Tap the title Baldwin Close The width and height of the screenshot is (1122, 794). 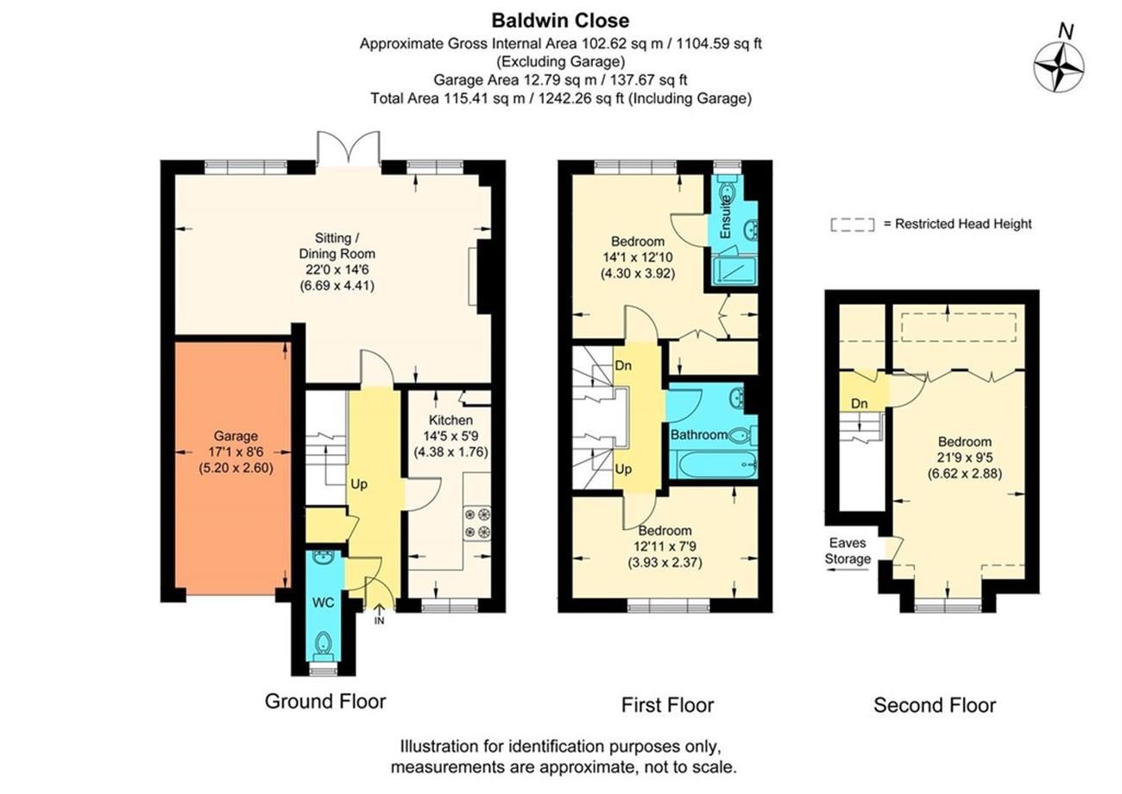click(x=560, y=21)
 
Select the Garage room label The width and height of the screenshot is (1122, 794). click(x=236, y=436)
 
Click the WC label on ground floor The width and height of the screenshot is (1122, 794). click(x=323, y=602)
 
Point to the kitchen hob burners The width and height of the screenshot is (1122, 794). click(x=476, y=523)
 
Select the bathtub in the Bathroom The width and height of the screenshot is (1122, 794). click(x=713, y=464)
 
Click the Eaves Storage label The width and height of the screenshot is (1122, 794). click(x=848, y=551)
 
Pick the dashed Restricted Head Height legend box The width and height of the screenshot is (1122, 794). click(x=853, y=225)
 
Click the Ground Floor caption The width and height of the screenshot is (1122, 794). click(x=325, y=702)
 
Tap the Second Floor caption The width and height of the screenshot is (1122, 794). click(x=935, y=705)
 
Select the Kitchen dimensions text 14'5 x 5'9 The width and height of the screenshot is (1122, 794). click(x=451, y=437)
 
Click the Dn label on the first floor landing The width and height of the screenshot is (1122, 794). click(x=623, y=366)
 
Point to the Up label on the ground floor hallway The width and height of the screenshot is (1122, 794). click(x=359, y=484)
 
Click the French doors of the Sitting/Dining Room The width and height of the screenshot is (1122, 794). click(x=348, y=148)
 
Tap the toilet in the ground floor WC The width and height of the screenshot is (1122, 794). click(x=323, y=646)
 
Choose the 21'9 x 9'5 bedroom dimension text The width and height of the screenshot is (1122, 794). click(x=965, y=457)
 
